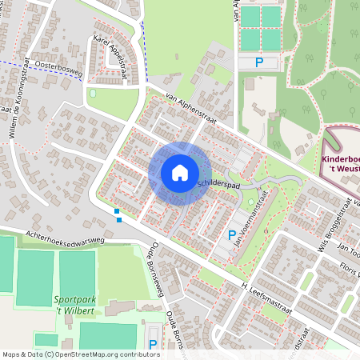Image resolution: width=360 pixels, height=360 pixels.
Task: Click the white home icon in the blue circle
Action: coord(180,173)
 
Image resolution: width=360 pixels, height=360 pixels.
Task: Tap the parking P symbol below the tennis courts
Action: coord(258,62)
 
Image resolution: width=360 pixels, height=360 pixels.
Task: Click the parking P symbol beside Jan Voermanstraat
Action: coord(232,235)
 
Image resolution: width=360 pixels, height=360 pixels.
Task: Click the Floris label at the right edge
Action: coord(349,267)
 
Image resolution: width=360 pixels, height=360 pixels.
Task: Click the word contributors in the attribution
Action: coord(141,354)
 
